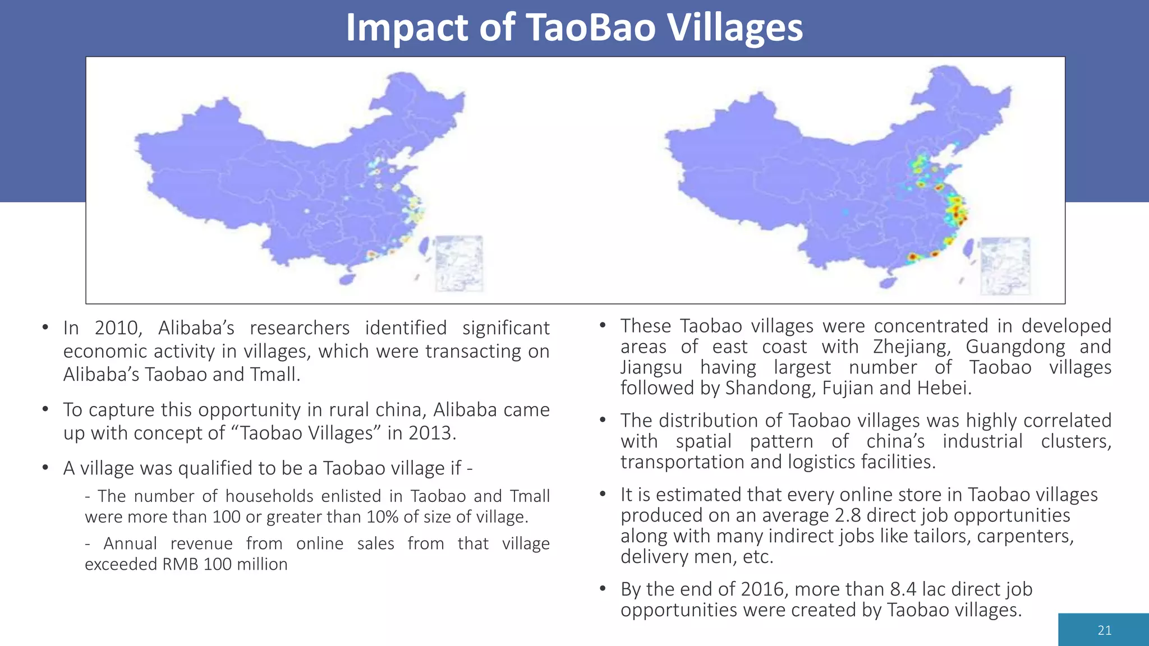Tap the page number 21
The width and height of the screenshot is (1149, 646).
pos(1104,630)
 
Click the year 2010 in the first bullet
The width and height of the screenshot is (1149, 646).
pos(118,328)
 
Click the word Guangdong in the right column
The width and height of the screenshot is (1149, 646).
pos(1015,347)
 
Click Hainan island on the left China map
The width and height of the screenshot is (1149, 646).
pos(347,278)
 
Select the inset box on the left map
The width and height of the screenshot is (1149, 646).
pos(459,264)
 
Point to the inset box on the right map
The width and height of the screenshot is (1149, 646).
pos(1005,266)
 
